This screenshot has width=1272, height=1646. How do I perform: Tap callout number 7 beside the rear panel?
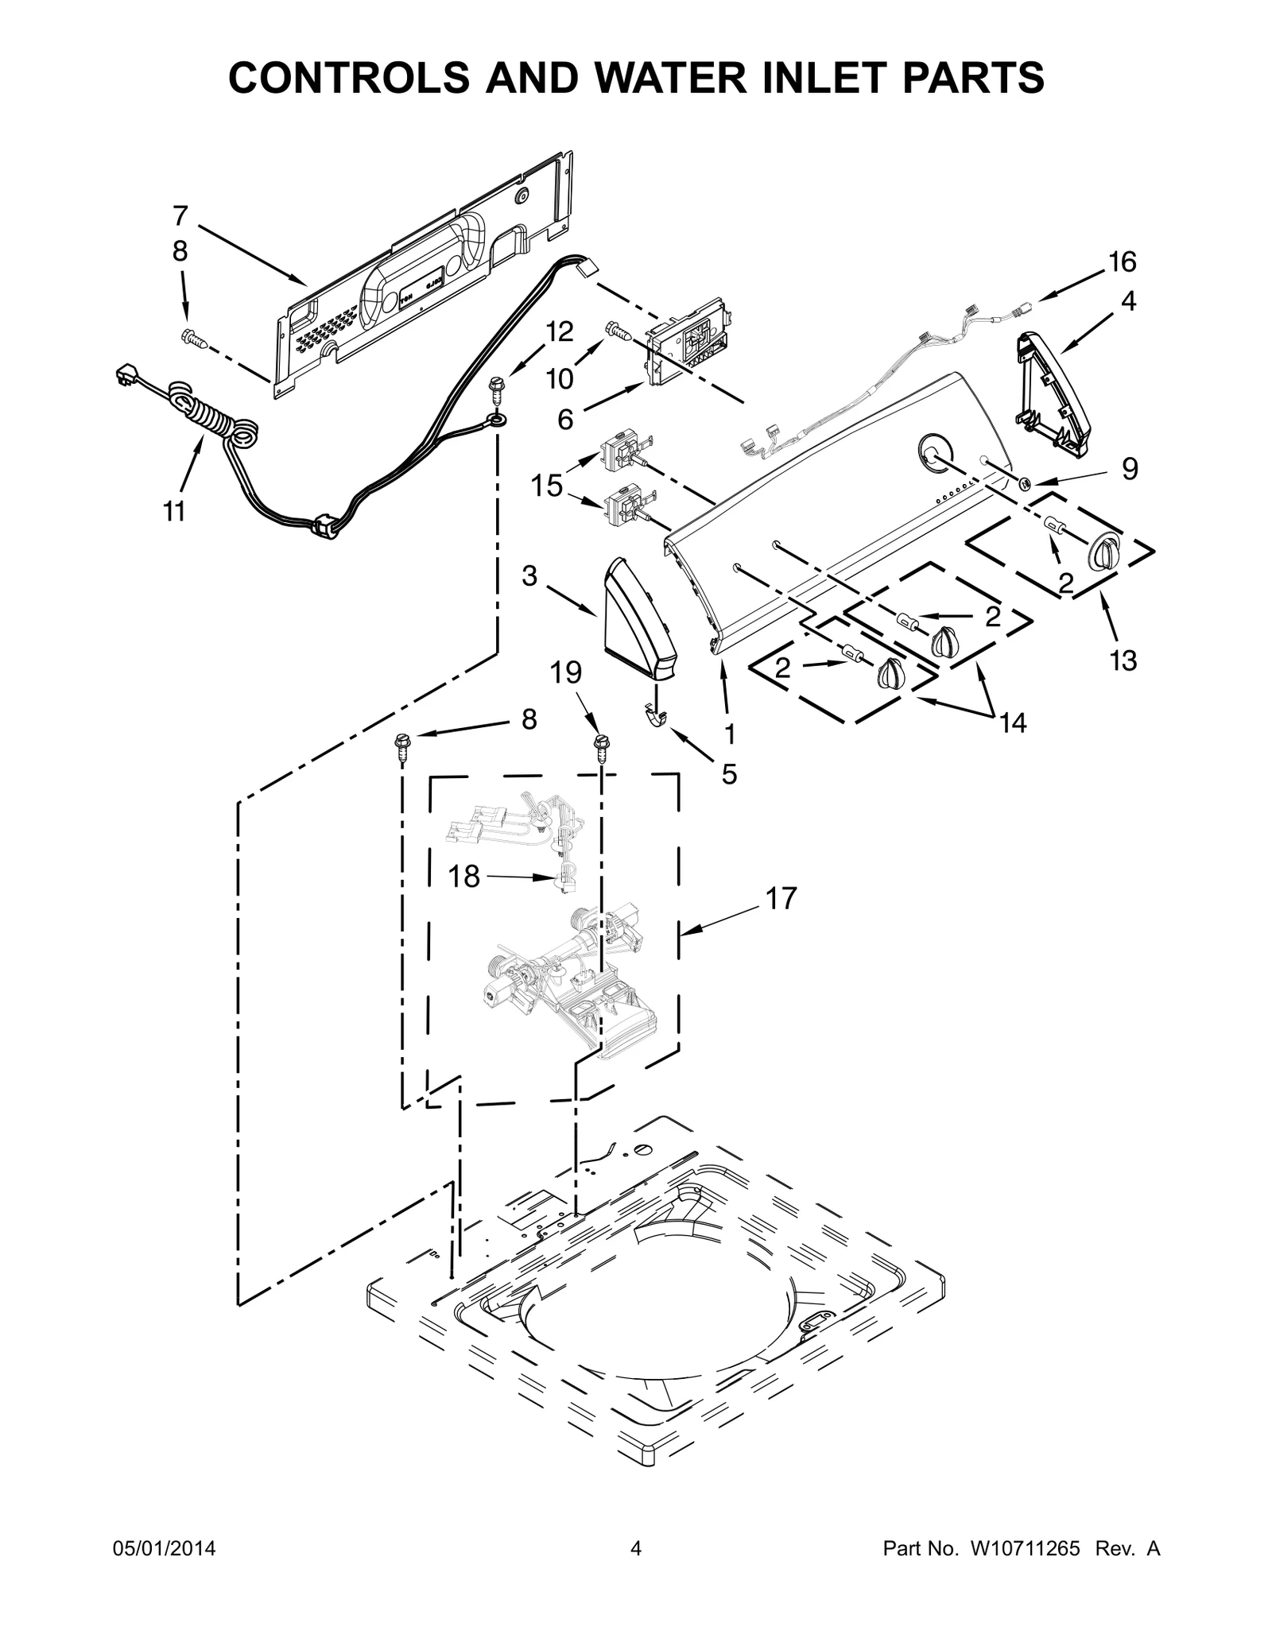coord(180,215)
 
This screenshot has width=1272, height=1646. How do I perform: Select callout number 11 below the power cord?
coord(175,512)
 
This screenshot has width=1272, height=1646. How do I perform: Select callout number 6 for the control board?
coord(565,419)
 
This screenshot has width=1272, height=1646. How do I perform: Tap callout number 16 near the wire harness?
coord(1123,261)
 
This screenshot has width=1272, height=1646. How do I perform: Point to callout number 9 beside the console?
coord(1129,469)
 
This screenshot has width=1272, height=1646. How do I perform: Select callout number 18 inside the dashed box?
coord(464,876)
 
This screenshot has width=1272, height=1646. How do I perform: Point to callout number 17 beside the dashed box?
coord(781,898)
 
